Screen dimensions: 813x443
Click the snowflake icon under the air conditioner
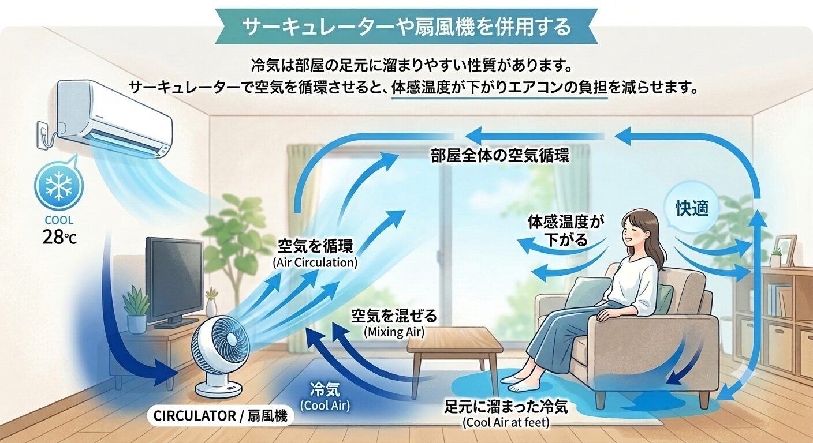59,186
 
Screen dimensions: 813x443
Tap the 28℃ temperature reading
59,238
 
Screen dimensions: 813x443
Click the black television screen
174,279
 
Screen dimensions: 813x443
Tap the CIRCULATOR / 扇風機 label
221,416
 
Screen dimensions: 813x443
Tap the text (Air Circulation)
315,262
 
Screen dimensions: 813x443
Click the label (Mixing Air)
394,332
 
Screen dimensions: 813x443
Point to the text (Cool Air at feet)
506,422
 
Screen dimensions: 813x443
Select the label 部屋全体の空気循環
500,156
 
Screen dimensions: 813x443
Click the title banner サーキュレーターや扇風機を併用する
406,27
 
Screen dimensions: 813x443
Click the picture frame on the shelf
785,250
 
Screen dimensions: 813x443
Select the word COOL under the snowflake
59,220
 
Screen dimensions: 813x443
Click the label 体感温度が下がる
566,231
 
